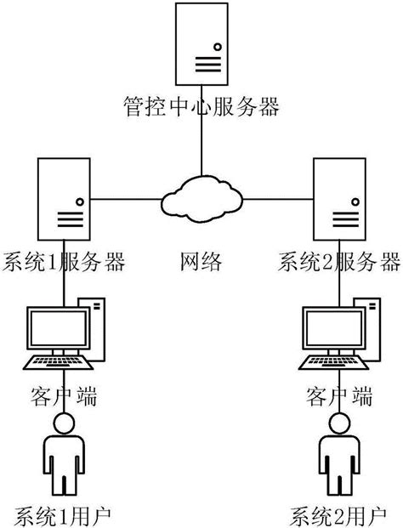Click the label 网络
tap(201, 260)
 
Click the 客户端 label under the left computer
tap(64, 396)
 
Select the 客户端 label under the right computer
tap(339, 396)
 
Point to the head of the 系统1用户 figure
tap(64, 425)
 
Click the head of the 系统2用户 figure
tap(339, 425)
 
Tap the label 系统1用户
tap(64, 514)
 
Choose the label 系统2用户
tap(339, 514)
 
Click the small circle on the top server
tap(218, 46)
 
